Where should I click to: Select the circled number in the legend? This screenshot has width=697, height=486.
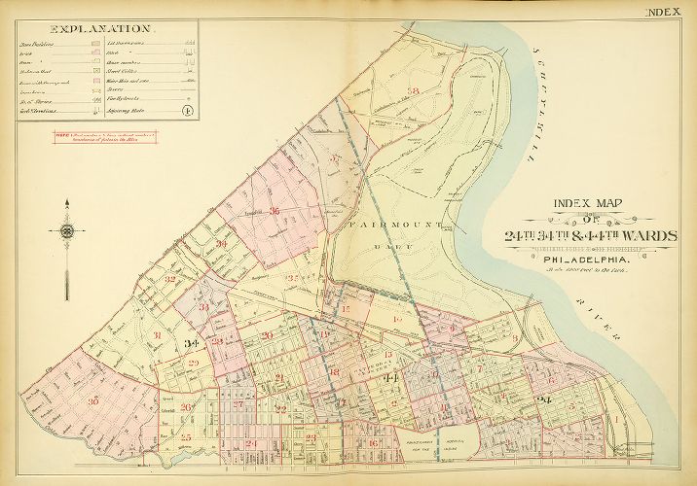pos(185,111)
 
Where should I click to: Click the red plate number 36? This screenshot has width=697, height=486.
pos(275,211)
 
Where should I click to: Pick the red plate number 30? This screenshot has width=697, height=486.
pos(93,400)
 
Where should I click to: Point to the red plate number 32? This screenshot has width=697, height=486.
pos(169,280)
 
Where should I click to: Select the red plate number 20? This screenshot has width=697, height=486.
pos(266,336)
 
